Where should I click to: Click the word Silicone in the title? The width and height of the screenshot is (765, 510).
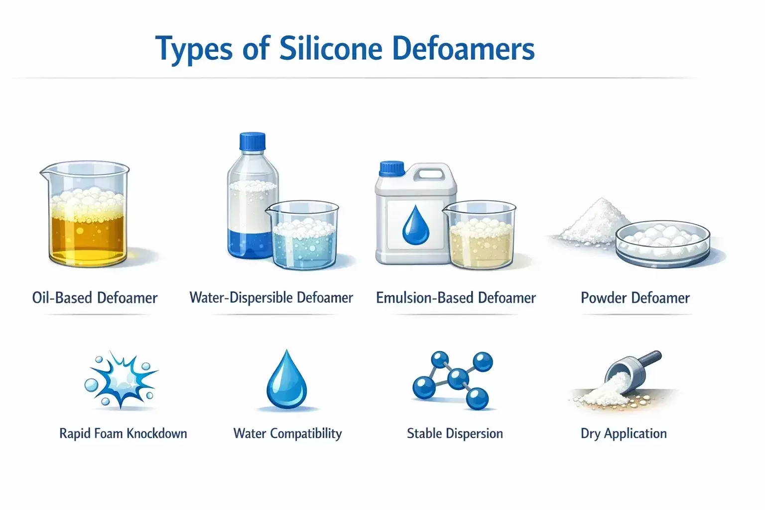[331, 48]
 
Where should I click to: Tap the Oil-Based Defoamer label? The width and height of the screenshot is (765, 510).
[95, 297]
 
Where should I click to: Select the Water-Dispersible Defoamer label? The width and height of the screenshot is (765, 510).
[271, 297]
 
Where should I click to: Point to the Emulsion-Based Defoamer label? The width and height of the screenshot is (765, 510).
[456, 297]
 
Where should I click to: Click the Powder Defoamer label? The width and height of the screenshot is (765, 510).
[635, 297]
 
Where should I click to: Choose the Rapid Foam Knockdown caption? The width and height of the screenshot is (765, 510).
[124, 433]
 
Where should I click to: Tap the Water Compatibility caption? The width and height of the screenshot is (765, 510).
[287, 434]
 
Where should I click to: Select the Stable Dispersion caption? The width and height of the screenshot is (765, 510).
[455, 434]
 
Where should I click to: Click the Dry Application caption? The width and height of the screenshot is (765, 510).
[624, 434]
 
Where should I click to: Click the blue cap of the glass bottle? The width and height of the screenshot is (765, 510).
[253, 141]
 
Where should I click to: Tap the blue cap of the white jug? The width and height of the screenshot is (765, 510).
[392, 169]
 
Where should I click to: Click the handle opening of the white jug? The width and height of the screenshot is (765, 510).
[430, 174]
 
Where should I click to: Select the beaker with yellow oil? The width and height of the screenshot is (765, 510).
[85, 214]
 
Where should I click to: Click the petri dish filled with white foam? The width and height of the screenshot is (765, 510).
[663, 244]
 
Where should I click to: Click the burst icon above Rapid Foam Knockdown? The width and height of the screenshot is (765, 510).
[121, 379]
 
